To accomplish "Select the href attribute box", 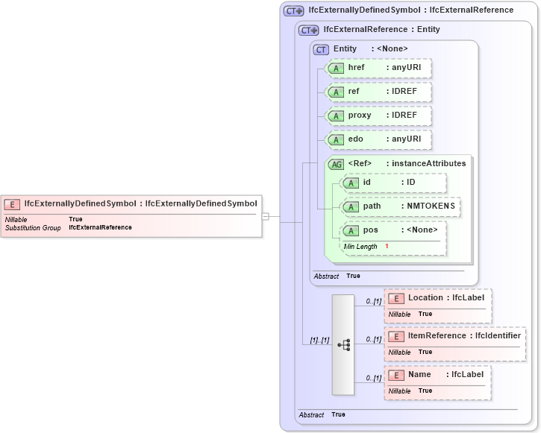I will tap(378, 68).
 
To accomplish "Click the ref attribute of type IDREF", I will tap(378, 92).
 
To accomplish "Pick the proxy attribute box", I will tap(378, 116).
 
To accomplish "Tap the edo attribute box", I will tap(378, 139).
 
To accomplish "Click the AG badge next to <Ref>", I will tap(337, 164).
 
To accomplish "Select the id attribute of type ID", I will tap(393, 183).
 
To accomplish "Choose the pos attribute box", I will tap(393, 230).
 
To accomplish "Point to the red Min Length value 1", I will tap(387, 246).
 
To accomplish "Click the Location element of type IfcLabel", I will tap(438, 298).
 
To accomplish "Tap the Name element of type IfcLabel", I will tap(438, 375).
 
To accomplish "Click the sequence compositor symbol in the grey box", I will tap(343, 345).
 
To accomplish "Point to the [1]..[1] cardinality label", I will tap(319, 341).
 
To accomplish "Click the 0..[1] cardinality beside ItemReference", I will tap(373, 340).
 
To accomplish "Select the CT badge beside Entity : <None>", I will tap(321, 49).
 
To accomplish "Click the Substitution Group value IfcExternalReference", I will tap(100, 227).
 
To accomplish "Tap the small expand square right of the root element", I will tap(265, 216).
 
